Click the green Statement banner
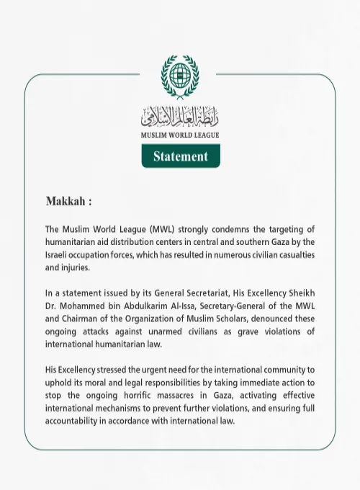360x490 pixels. pos(180,156)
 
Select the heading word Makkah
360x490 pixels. pos(66,201)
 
